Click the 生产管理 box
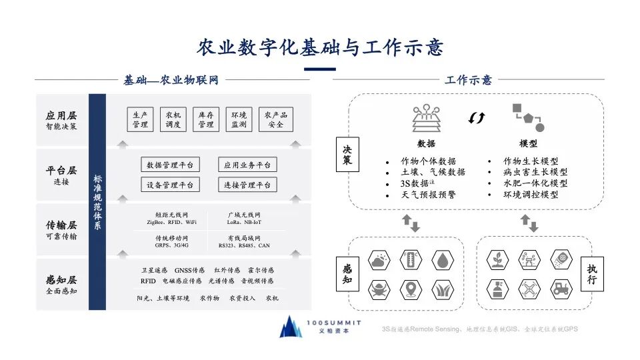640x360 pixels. pos(140,119)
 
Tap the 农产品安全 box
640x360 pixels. pos(275,119)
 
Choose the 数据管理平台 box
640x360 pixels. pos(170,165)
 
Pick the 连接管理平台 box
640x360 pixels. pos(247,185)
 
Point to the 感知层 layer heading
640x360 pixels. pos(61,281)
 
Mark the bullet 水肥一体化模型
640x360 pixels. pos(535,183)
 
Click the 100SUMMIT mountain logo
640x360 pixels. pos(290,326)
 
